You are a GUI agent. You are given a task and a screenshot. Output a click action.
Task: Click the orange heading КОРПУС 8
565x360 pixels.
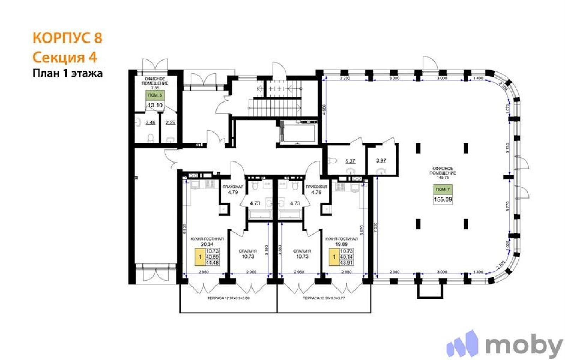pyautogui.click(x=67, y=38)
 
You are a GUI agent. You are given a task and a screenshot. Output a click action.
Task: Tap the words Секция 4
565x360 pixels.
pyautogui.click(x=65, y=57)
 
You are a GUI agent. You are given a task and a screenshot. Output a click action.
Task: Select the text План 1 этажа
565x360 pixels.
pyautogui.click(x=67, y=73)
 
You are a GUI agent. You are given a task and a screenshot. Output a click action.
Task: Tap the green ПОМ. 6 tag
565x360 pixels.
pyautogui.click(x=155, y=95)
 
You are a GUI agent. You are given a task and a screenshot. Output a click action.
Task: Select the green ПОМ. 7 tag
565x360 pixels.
pyautogui.click(x=442, y=190)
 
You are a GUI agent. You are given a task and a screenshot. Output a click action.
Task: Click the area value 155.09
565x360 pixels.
pyautogui.click(x=442, y=199)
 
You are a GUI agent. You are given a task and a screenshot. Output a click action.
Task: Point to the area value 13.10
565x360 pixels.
pyautogui.click(x=155, y=105)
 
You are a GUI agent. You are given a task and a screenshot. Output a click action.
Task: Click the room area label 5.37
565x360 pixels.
pyautogui.click(x=350, y=161)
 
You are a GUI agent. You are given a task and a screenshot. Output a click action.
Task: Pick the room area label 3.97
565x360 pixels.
pyautogui.click(x=381, y=160)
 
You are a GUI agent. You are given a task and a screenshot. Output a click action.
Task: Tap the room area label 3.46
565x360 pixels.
pyautogui.click(x=150, y=122)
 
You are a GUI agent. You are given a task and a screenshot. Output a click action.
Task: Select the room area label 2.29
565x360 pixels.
pyautogui.click(x=171, y=122)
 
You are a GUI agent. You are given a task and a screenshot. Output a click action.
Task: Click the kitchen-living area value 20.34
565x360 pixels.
pyautogui.click(x=207, y=244)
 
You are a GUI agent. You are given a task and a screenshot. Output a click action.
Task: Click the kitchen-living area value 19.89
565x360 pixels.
pyautogui.click(x=341, y=244)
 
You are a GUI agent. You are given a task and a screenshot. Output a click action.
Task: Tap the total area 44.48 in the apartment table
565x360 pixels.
pyautogui.click(x=212, y=263)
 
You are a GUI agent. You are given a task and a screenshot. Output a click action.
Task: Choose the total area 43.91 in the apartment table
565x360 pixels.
pyautogui.click(x=346, y=263)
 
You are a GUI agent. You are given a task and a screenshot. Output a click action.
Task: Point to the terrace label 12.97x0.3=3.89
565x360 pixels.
pyautogui.click(x=228, y=298)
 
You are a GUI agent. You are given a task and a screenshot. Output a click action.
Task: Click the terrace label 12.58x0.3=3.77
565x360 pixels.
pyautogui.click(x=324, y=298)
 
